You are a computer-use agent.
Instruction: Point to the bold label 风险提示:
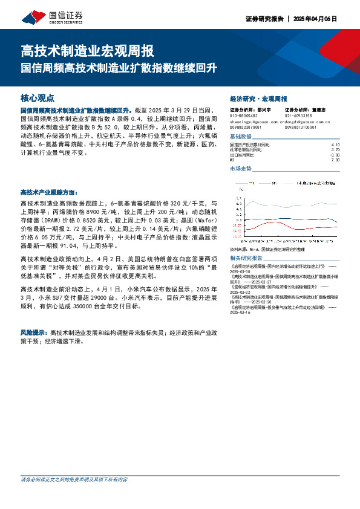(34, 333)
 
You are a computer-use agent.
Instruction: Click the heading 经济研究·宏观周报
(259, 99)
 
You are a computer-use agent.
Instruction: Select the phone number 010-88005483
(244, 115)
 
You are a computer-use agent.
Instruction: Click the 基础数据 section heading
(242, 137)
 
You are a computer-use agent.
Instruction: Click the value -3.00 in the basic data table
(335, 155)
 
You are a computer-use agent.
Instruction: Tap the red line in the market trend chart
(272, 226)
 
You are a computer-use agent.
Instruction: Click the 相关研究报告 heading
(245, 258)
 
